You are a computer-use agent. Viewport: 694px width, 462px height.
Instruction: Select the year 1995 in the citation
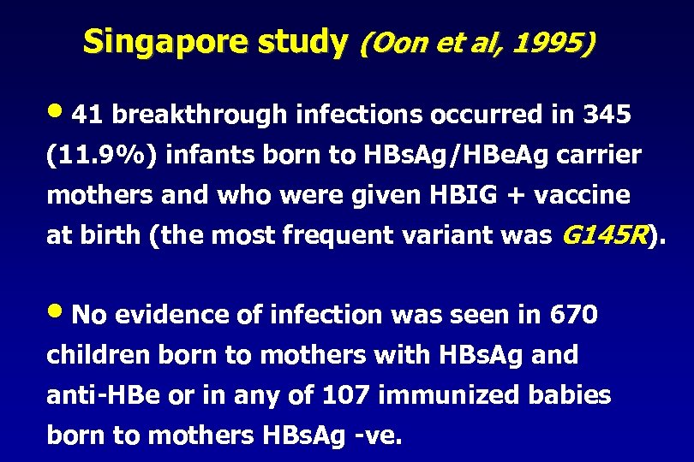550,42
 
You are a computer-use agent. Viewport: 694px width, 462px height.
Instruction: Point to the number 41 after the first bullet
87,115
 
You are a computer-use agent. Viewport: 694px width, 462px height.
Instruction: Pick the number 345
606,115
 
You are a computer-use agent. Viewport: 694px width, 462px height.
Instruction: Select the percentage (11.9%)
101,155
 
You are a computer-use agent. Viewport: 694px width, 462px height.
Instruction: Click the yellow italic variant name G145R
604,235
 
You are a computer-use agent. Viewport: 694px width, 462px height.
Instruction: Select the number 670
571,316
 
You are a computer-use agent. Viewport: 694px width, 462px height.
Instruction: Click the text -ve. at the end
377,435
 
